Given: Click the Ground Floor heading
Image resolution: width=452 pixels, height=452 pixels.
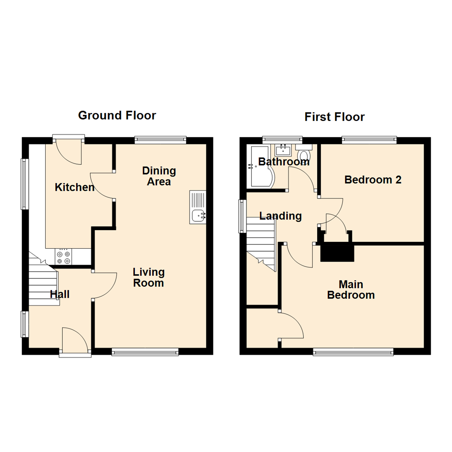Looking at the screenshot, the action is [117, 116].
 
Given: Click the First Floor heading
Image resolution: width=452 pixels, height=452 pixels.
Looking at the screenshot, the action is [335, 117].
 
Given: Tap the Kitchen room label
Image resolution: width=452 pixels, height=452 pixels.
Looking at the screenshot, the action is [74, 187].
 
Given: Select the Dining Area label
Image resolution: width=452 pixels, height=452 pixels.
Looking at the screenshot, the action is [159, 176].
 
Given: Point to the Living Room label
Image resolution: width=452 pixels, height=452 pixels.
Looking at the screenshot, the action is [149, 277].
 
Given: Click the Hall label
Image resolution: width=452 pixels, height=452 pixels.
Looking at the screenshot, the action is [60, 294].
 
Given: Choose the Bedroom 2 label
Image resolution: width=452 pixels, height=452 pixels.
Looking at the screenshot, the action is [373, 180].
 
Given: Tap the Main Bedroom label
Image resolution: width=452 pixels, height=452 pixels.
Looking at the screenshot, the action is [351, 290].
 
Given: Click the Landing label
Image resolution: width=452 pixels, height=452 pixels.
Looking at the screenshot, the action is [280, 216].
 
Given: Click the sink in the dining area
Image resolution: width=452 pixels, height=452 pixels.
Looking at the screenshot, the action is [198, 207].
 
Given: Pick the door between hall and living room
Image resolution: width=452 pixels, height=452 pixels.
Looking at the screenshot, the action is [105, 285].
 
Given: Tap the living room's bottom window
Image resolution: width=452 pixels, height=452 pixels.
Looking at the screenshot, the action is [145, 352].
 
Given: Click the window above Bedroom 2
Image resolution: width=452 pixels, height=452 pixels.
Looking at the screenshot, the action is [369, 140].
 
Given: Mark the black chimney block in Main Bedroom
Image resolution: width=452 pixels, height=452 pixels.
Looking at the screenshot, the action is [337, 252].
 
